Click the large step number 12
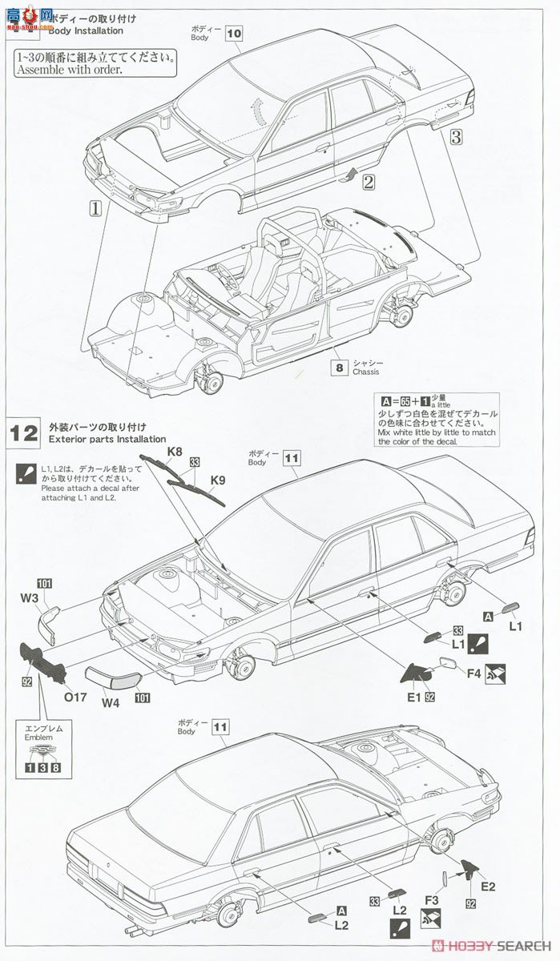coord(24,433)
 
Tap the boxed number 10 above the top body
coord(233,34)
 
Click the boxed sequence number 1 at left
coord(95,207)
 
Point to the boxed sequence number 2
coord(368,181)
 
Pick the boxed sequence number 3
coord(456,136)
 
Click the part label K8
coord(175,451)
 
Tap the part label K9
coord(218,480)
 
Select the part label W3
coord(29,597)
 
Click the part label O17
coord(75,696)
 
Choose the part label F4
coord(473,674)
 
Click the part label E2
coord(488,886)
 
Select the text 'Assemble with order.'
coord(68,70)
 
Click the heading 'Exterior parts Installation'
coord(107,439)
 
